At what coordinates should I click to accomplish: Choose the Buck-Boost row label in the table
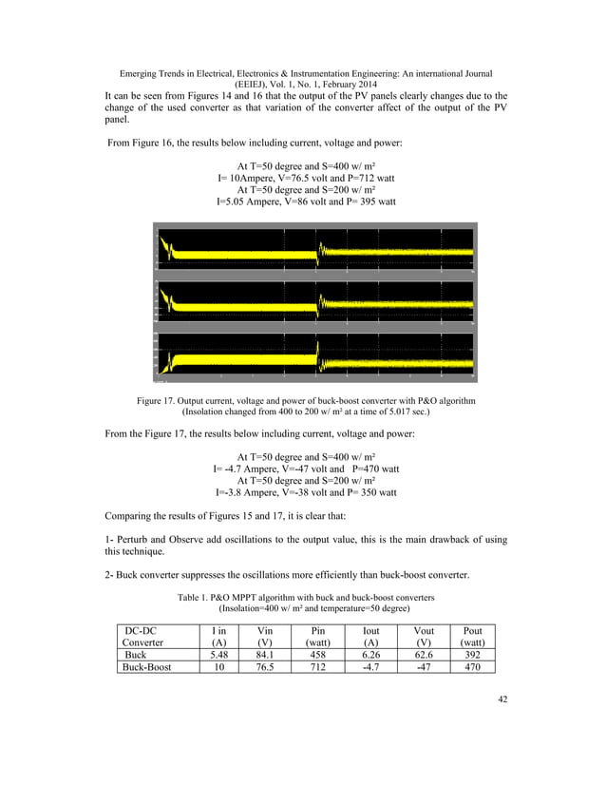click(x=141, y=667)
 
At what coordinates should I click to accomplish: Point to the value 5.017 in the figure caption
click(x=384, y=412)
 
